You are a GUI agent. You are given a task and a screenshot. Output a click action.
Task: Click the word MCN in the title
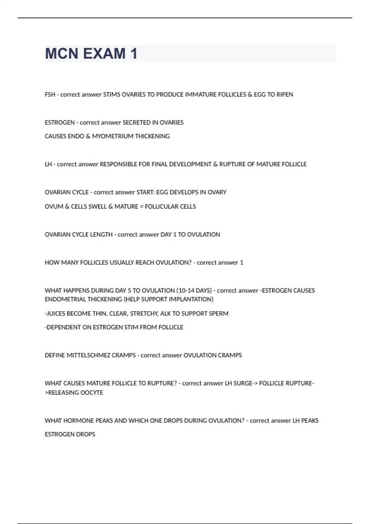click(62, 54)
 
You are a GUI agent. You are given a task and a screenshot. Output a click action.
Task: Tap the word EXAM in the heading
click(104, 54)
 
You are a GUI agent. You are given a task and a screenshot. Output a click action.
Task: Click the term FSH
click(50, 95)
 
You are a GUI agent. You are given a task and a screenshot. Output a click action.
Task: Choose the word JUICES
click(55, 313)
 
